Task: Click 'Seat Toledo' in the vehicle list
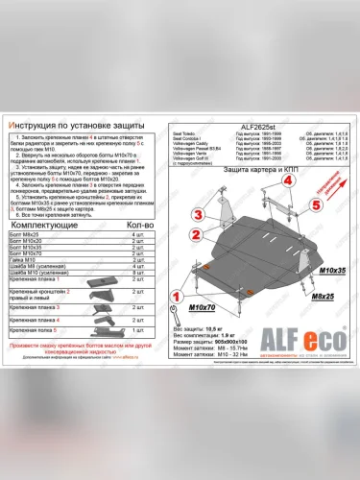[190, 132]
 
